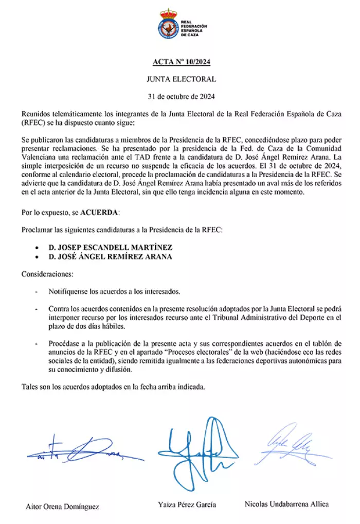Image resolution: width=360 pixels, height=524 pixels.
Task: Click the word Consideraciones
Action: point(47,274)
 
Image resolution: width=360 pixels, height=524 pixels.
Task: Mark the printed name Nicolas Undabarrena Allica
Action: point(286,504)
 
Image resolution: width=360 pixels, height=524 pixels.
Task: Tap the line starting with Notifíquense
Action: point(114,291)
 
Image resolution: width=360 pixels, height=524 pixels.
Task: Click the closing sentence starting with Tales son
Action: point(113,387)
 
